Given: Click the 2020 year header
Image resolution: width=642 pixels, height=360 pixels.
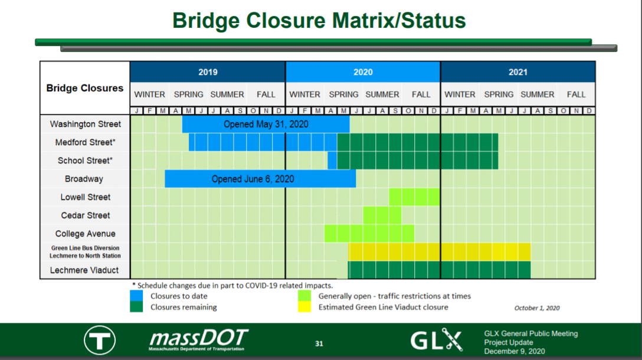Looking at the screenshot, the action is [x=363, y=72].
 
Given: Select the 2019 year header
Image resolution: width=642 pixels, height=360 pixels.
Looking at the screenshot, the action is [x=208, y=72].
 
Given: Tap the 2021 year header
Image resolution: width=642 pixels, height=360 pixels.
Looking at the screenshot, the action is [x=518, y=72].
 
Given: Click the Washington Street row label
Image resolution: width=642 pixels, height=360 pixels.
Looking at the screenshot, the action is [x=85, y=124].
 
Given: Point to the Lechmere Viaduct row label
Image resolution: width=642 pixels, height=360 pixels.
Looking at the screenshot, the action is [x=84, y=270].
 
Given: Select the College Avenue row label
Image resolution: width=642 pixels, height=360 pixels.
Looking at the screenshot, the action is [x=85, y=234].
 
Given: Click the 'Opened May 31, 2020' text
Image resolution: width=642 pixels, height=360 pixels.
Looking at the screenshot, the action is [x=266, y=124].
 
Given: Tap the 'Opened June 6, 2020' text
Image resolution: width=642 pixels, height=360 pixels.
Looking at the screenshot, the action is [x=253, y=179].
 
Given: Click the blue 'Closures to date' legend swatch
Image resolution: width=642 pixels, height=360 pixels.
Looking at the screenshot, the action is [x=136, y=296].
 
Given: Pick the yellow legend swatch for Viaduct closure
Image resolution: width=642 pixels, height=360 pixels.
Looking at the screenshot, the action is [x=304, y=307].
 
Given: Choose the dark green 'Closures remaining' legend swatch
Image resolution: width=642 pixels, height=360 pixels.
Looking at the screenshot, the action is [x=136, y=307].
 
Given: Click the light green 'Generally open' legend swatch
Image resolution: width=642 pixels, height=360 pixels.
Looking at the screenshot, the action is [x=304, y=296].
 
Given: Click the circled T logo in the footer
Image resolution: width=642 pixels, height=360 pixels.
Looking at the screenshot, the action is [x=100, y=340].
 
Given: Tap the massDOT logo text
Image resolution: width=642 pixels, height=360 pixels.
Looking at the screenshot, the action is [x=198, y=339].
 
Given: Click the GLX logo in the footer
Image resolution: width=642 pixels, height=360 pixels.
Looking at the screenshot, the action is [x=437, y=339].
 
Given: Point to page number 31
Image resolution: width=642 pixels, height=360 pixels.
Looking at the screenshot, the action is [x=319, y=343].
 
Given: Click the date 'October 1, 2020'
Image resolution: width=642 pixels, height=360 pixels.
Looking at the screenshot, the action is [x=537, y=308].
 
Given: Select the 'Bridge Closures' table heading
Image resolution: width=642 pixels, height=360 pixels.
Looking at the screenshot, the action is [x=85, y=88].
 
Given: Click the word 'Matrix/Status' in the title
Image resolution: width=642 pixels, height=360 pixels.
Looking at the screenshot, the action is [x=399, y=21].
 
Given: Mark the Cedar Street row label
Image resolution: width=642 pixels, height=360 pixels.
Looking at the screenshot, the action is [x=85, y=215].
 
